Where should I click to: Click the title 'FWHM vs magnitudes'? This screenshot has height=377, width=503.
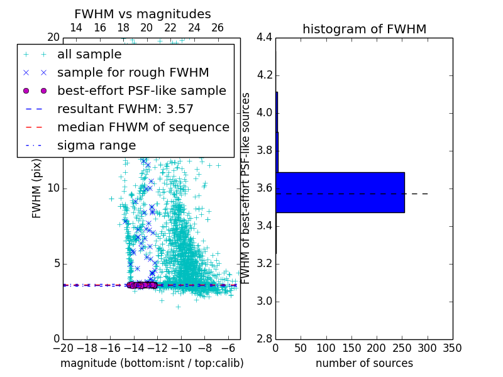click(142, 14)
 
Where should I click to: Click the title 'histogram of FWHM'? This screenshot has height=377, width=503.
click(364, 29)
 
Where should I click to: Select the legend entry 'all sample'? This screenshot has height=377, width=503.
click(89, 55)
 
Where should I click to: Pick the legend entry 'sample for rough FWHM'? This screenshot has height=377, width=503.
click(133, 73)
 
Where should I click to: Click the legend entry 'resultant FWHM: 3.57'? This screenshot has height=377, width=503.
click(125, 109)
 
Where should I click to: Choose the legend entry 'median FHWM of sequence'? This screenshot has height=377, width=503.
click(143, 128)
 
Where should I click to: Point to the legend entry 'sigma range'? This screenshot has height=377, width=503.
click(96, 146)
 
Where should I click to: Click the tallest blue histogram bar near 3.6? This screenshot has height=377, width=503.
click(340, 192)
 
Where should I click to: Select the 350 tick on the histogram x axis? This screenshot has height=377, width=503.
click(452, 348)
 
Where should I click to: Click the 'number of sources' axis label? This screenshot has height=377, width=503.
click(364, 363)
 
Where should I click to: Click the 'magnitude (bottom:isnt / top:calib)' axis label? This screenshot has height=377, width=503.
click(152, 363)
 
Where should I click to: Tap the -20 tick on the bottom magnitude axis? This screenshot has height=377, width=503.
click(63, 348)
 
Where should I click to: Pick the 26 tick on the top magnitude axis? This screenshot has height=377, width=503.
click(218, 28)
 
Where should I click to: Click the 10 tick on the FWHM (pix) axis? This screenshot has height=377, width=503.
click(54, 188)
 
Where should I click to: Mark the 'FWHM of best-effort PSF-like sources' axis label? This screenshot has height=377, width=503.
click(246, 188)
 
